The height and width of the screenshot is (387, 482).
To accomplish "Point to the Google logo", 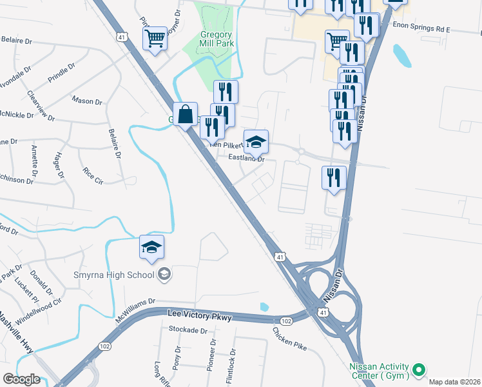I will click(21, 379).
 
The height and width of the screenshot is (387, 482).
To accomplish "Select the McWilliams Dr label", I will click(135, 306).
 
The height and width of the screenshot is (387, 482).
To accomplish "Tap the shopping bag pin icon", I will click(185, 114).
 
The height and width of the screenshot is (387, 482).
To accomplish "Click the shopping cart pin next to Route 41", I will click(155, 38).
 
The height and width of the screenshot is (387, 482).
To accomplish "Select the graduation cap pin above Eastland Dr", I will click(256, 141).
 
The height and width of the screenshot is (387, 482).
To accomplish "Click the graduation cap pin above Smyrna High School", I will click(151, 247).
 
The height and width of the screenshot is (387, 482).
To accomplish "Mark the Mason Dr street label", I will click(87, 101).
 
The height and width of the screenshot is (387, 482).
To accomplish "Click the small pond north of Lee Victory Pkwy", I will click(264, 306).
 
